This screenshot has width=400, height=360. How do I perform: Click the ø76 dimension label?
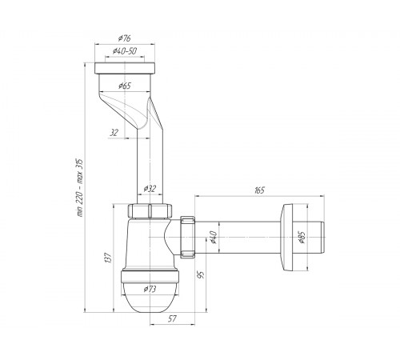[125, 38]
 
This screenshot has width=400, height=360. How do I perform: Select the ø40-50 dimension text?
[125, 50]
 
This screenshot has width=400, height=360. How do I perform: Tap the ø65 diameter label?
[125, 86]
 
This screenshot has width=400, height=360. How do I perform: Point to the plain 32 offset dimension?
[114, 133]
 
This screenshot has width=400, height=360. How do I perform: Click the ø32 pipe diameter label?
[150, 189]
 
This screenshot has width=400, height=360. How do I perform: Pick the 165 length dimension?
[259, 190]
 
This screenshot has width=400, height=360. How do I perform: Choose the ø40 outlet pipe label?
[214, 237]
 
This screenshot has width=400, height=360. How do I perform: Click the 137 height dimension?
[108, 258]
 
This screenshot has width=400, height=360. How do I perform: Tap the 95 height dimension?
[202, 274]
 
